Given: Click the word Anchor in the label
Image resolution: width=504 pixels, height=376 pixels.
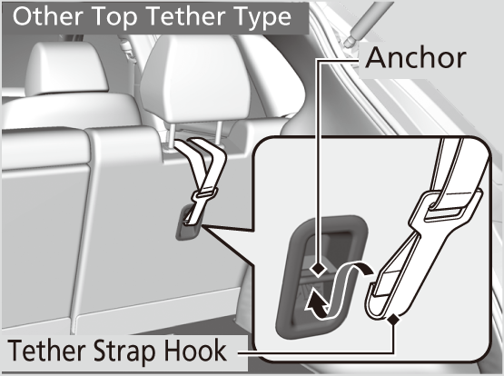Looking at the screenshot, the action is click(416, 58).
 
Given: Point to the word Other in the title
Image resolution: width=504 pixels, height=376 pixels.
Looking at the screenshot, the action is click(49, 16).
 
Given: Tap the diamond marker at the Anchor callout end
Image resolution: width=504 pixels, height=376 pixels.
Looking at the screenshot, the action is click(319, 269).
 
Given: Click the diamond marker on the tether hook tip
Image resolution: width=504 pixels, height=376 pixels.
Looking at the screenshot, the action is click(393, 320).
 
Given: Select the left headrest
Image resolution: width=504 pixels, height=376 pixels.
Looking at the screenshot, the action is click(66, 68).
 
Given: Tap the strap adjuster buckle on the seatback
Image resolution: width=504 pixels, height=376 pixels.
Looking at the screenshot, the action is click(204, 195).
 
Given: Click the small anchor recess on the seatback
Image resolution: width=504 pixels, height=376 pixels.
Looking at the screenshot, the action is click(190, 223).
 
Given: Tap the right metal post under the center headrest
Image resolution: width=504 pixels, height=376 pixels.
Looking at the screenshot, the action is click(219, 133).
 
